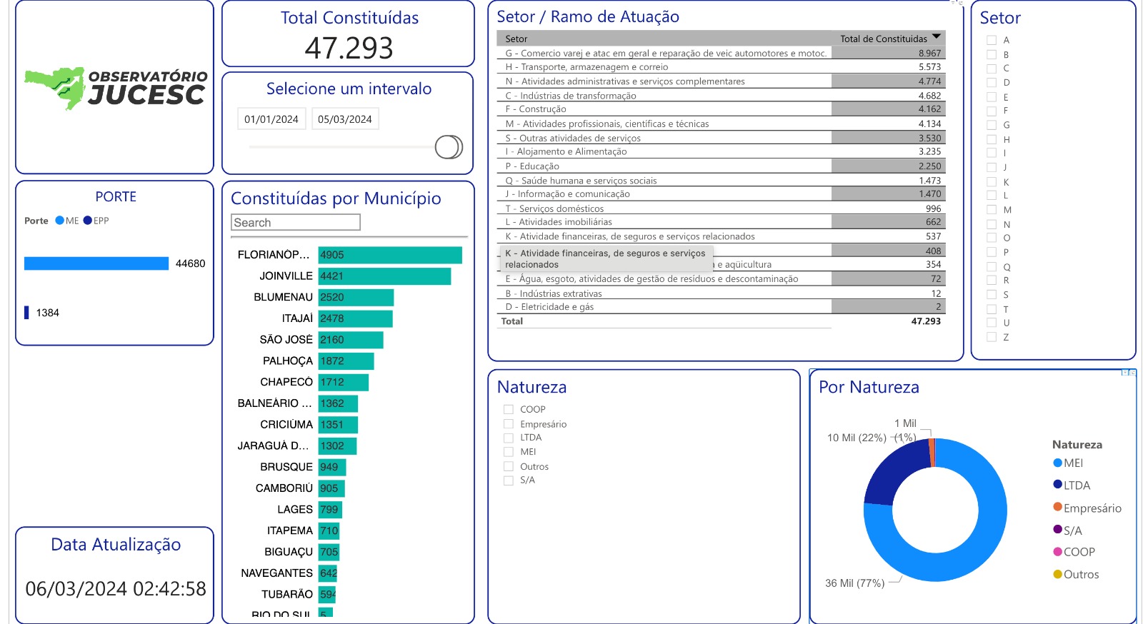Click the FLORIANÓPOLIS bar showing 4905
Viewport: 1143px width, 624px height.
390,255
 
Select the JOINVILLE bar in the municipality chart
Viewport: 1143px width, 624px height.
384,276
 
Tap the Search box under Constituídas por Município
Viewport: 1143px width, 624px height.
296,223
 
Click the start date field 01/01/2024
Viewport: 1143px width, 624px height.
271,119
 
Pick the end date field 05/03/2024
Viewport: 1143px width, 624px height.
345,119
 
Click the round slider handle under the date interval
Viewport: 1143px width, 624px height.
449,147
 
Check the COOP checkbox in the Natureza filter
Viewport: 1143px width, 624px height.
509,410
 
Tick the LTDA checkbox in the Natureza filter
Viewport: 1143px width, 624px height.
509,438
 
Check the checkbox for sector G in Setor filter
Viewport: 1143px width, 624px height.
992,125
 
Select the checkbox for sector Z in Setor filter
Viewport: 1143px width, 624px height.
992,337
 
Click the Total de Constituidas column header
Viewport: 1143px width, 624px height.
884,39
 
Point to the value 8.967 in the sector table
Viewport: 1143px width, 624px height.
929,54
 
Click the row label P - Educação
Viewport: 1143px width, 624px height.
532,166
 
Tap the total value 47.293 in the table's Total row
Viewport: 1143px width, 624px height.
926,321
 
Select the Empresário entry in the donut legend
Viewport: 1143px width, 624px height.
1092,508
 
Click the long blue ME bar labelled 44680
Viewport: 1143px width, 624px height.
96,263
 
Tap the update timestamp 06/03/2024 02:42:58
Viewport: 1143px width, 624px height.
116,589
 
